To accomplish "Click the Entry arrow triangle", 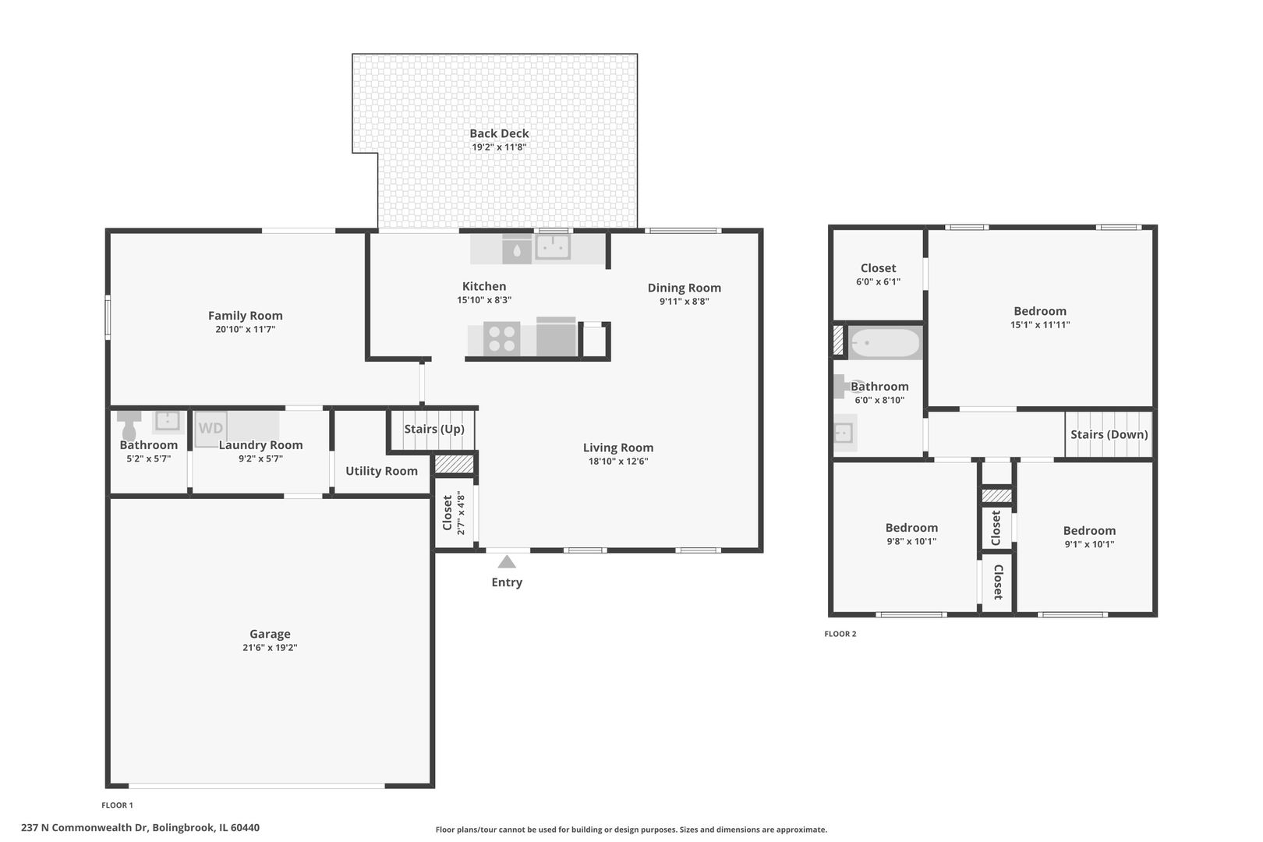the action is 507,561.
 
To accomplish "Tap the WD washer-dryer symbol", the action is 210,429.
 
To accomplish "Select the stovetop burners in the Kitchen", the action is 502,338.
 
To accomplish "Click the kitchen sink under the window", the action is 553,246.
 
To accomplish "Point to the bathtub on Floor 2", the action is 885,342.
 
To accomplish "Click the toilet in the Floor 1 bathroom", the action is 129,425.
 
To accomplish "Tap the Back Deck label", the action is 499,133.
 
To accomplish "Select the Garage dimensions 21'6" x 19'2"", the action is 270,647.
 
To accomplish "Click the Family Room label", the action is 246,315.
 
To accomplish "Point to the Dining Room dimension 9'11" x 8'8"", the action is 685,301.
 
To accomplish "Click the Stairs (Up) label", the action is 434,429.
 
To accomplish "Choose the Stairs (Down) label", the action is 1109,434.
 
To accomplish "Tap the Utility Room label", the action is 382,471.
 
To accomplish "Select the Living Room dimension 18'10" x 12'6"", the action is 618,462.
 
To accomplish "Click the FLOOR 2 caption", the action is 840,634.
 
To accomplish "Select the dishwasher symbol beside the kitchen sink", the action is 517,249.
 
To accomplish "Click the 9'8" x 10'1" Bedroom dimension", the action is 911,541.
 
